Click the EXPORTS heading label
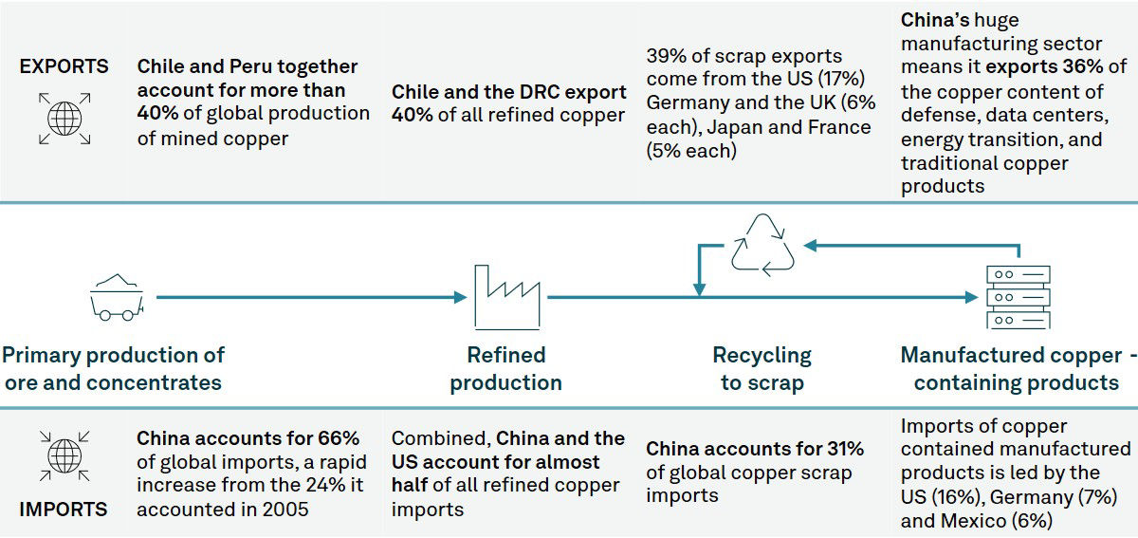pyautogui.click(x=64, y=66)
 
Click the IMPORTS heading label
pyautogui.click(x=64, y=509)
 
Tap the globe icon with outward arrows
pyautogui.click(x=64, y=119)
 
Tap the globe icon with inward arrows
pyautogui.click(x=64, y=455)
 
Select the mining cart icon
pyautogui.click(x=117, y=296)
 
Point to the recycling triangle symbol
pyautogui.click(x=763, y=245)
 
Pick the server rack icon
pyautogui.click(x=1017, y=297)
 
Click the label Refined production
pyautogui.click(x=505, y=369)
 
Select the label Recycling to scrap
pyautogui.click(x=762, y=369)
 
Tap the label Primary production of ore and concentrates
pyautogui.click(x=113, y=369)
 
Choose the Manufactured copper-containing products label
pyautogui.click(x=1017, y=369)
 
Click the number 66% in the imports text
pyautogui.click(x=339, y=439)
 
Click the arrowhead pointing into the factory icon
pyautogui.click(x=462, y=297)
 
